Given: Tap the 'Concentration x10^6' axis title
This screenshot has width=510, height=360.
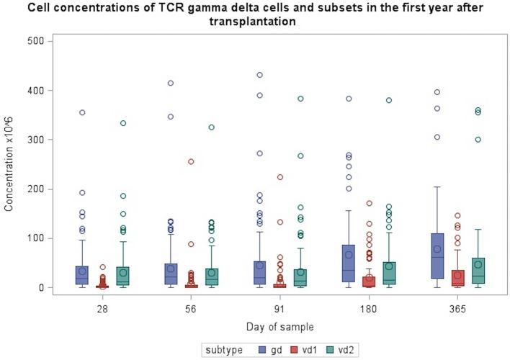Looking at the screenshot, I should point(9,164).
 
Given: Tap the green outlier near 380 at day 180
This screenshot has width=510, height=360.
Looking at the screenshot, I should point(389,100).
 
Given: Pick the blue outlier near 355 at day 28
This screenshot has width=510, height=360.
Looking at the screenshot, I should point(82,112).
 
